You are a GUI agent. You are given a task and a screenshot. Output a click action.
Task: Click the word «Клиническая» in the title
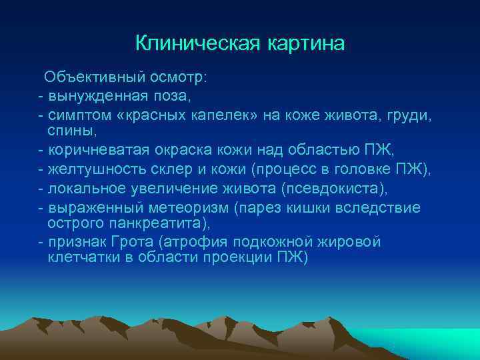(192, 43)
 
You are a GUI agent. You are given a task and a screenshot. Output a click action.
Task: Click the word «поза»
(173, 96)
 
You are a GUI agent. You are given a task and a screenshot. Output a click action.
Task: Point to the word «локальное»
(82, 189)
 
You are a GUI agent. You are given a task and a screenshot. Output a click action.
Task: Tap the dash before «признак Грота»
(42, 241)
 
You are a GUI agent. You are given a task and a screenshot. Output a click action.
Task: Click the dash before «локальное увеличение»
(42, 189)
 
